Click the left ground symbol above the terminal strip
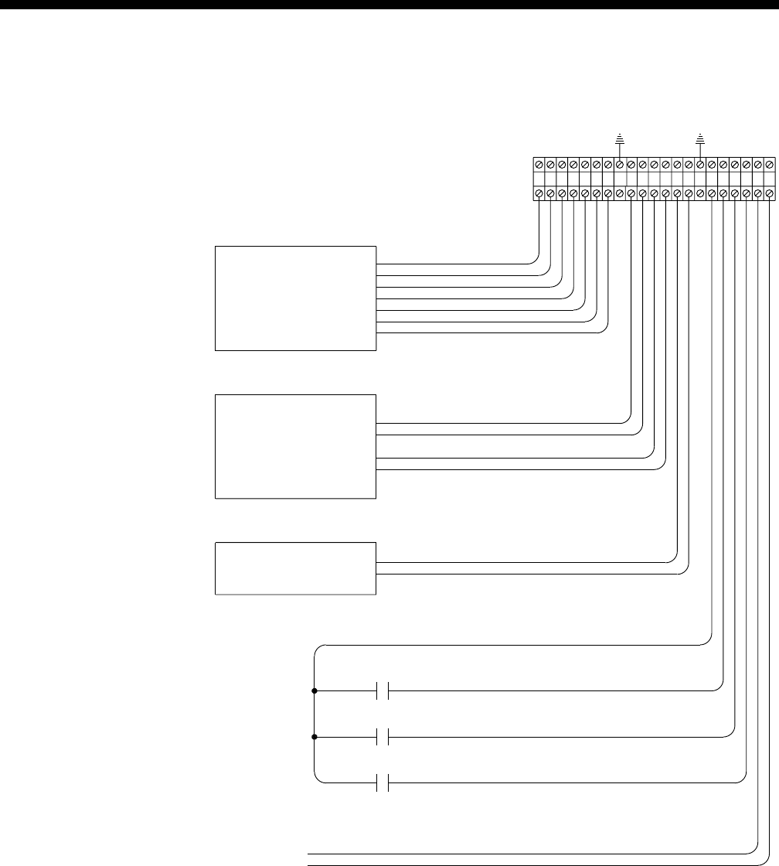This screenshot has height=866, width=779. pos(620,139)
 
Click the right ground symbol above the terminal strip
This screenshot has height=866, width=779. pos(700,139)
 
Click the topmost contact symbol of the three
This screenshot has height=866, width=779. pos(382,690)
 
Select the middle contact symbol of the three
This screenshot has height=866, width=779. pos(382,737)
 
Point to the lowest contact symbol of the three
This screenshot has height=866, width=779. pos(382,782)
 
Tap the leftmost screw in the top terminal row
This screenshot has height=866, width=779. pos(539,165)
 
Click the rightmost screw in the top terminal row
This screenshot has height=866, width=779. pos(769,165)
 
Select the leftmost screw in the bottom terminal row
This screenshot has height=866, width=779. pos(539,193)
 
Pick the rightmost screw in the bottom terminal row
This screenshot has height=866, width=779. pos(769,193)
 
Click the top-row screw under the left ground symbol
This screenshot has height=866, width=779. pos(620,165)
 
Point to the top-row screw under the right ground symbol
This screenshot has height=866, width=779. pos(700,165)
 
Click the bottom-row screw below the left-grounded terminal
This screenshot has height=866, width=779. pos(620,193)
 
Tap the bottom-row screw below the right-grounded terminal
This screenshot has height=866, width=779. pos(700,193)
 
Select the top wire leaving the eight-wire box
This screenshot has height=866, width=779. pos(456,264)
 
